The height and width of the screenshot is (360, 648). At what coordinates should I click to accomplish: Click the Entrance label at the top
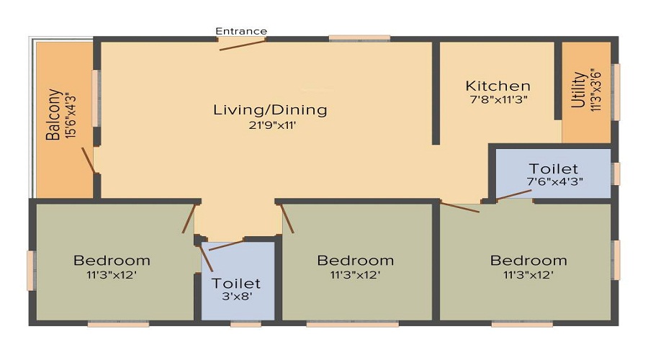(x=241, y=31)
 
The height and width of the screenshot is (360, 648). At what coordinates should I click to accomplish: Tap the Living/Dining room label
(x=270, y=110)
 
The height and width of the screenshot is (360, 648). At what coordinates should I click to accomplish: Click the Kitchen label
(x=498, y=86)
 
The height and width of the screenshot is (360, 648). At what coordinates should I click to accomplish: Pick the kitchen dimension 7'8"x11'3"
(x=498, y=100)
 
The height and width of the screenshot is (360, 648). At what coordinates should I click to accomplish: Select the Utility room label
(x=578, y=89)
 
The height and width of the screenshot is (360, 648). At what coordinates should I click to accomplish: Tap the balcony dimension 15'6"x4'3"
(x=69, y=114)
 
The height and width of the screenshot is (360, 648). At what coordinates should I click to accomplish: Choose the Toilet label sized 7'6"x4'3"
(x=553, y=169)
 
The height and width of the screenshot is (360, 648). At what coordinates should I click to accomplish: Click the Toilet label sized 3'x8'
(x=236, y=284)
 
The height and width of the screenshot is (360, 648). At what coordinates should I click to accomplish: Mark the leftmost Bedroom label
(x=112, y=260)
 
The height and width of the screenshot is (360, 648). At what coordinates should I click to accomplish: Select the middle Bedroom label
(x=355, y=260)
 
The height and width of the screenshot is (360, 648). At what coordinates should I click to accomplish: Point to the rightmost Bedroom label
(x=528, y=260)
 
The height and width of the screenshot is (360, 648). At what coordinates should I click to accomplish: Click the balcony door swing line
(x=88, y=161)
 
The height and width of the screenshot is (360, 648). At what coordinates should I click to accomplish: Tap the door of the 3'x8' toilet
(x=226, y=244)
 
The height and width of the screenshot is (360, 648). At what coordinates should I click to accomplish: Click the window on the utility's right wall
(x=616, y=91)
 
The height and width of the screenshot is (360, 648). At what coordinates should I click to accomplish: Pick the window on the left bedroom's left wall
(x=31, y=270)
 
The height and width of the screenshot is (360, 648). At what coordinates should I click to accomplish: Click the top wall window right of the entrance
(x=359, y=38)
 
